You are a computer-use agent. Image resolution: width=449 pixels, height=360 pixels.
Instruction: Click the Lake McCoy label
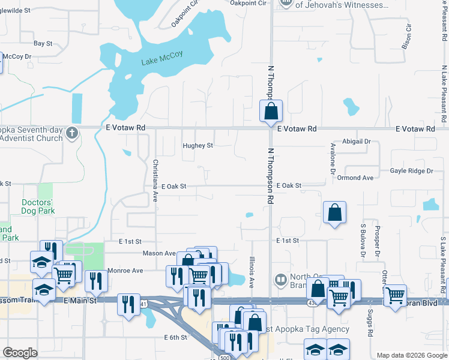[x=161, y=61]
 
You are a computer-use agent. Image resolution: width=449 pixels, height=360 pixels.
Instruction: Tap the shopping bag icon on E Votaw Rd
[x=271, y=111]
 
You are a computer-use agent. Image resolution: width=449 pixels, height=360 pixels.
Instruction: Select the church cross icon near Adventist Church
[x=71, y=133]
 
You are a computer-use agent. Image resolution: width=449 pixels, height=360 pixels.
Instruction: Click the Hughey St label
[x=197, y=146]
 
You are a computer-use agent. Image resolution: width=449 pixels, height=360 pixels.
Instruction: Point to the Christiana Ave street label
[x=155, y=180]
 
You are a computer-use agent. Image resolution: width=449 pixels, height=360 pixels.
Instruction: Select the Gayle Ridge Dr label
[x=412, y=171]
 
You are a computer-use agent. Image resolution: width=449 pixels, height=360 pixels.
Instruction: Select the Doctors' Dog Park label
[x=38, y=206]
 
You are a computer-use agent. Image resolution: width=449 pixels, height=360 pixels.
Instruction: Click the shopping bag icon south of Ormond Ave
[x=334, y=213]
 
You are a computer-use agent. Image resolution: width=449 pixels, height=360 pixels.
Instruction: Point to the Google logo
[x=20, y=353]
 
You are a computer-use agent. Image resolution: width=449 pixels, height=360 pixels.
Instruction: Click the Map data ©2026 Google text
[x=412, y=355]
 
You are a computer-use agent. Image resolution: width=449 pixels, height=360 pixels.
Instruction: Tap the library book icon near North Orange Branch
[x=280, y=280]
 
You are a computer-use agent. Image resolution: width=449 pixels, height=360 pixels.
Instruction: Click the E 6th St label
[x=176, y=338]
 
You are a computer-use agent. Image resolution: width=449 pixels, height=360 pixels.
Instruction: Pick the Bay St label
[x=43, y=43]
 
